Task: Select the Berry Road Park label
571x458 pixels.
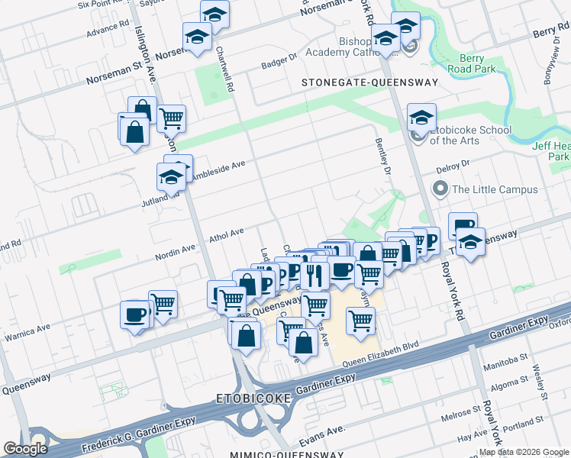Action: (x=478, y=63)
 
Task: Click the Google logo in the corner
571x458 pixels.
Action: (x=25, y=449)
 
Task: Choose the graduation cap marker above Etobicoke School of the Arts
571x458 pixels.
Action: (x=421, y=118)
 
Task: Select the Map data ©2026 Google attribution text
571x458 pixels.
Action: (x=524, y=452)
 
